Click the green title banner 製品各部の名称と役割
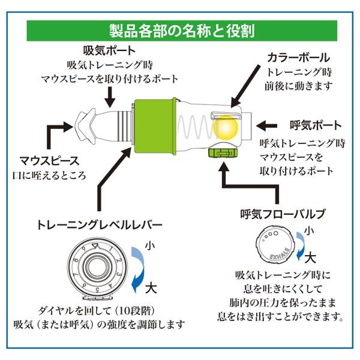tap(182, 31)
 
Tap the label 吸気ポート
tap(109, 51)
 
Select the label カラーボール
tap(298, 58)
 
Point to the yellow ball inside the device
tap(226, 127)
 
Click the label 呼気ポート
tap(316, 125)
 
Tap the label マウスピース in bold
tap(50, 161)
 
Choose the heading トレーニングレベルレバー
tap(99, 225)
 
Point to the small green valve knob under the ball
tap(223, 153)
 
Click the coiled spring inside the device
tap(196, 127)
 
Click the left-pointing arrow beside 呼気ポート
tap(266, 125)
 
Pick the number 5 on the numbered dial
tap(97, 289)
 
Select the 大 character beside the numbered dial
tap(151, 288)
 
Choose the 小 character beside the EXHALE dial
tap(309, 231)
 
